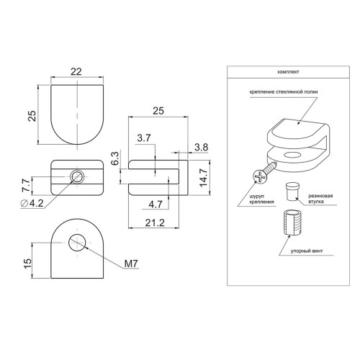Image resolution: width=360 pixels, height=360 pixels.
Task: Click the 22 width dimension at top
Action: tap(76, 71)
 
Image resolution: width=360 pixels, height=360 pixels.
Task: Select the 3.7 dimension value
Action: tap(144, 138)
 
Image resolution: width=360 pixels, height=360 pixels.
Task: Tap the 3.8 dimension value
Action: tap(201, 147)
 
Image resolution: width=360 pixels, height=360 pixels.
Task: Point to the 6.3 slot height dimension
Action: tap(115, 158)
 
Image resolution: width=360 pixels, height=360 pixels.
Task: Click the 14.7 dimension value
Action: tap(204, 178)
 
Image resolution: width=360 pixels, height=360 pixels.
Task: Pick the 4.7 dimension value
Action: tap(156, 204)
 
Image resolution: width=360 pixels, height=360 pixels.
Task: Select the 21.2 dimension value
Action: tap(155, 223)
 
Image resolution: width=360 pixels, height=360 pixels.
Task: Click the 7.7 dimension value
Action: tap(26, 185)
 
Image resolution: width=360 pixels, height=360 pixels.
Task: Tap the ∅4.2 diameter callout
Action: tap(32, 203)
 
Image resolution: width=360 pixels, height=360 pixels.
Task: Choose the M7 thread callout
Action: tap(132, 264)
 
